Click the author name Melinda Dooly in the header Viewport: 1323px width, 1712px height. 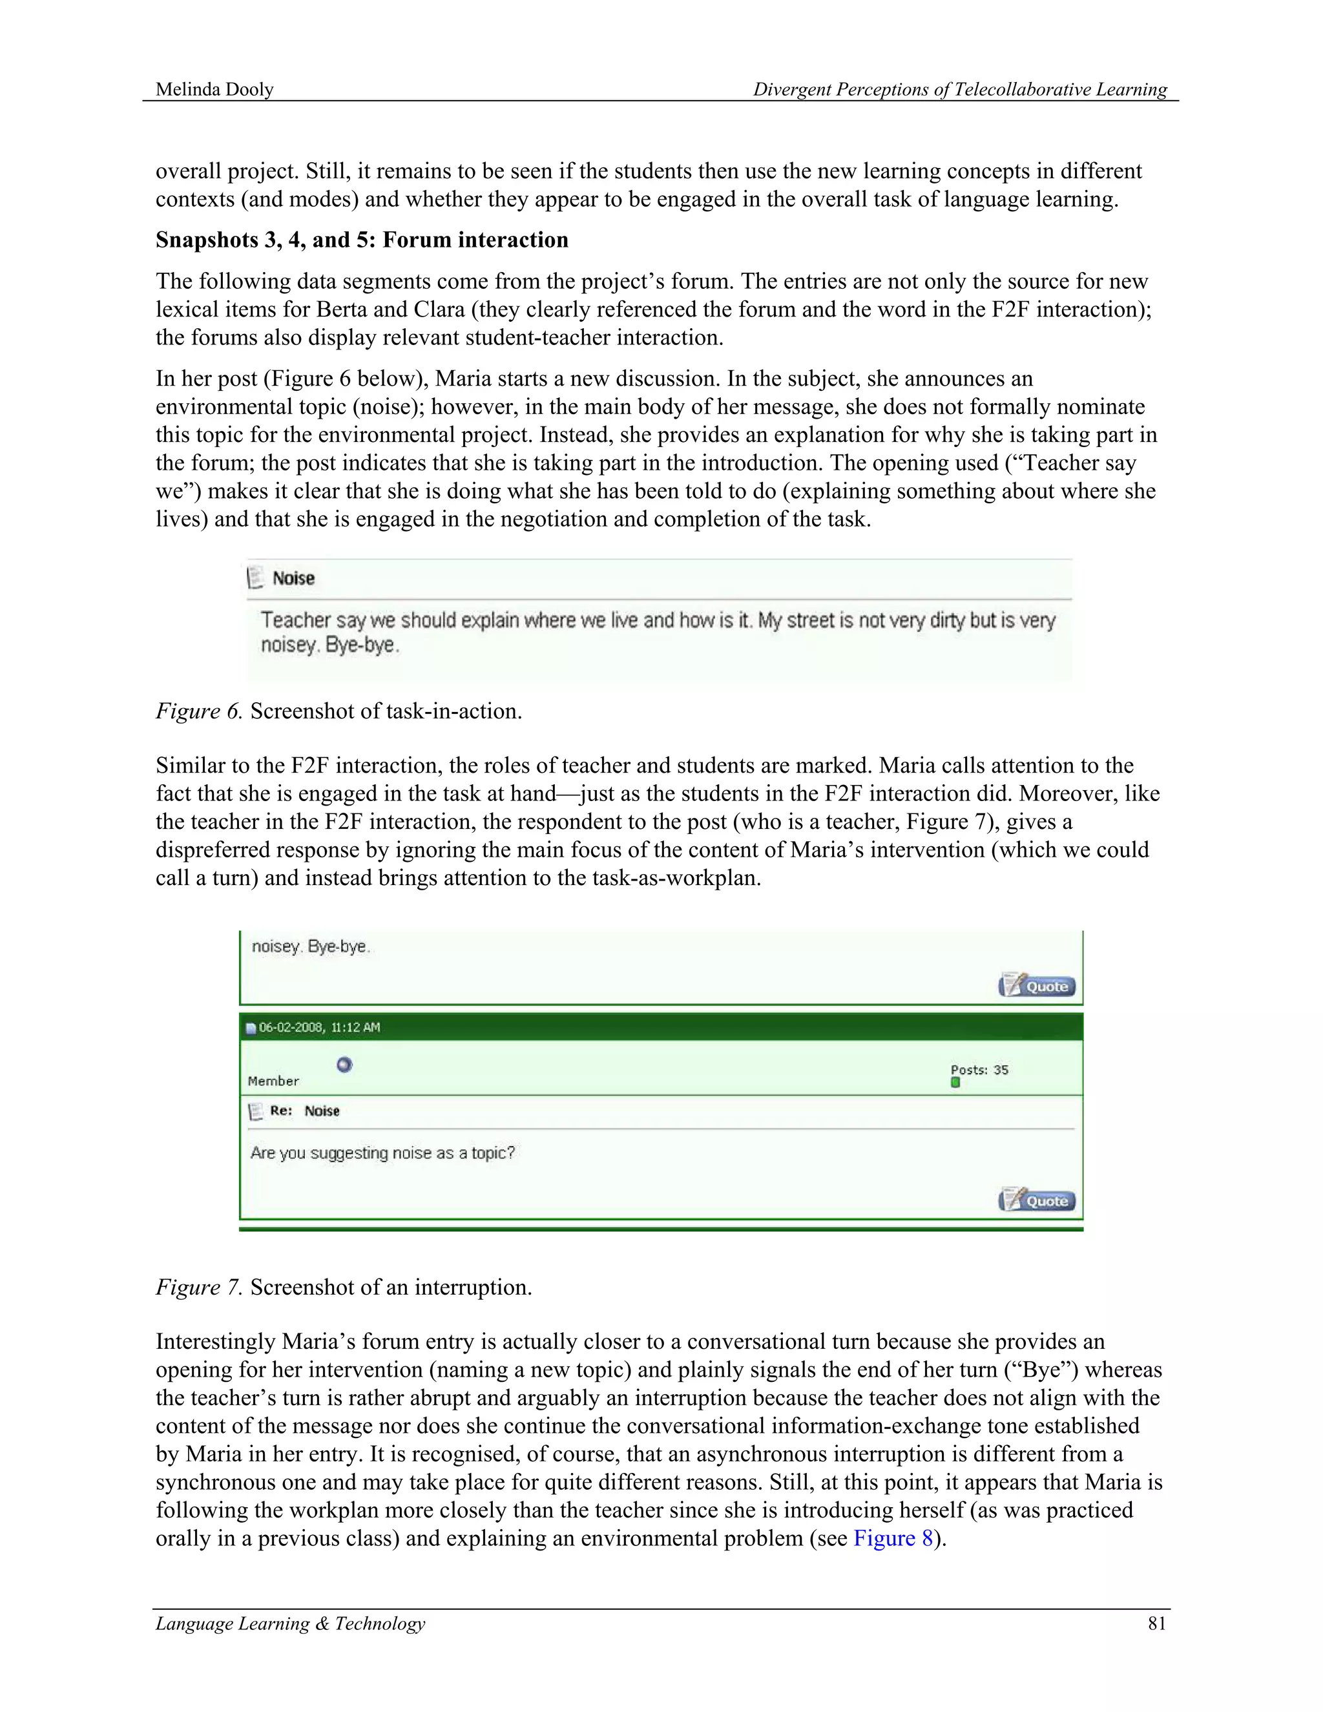point(214,89)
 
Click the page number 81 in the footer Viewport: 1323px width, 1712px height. point(1157,1623)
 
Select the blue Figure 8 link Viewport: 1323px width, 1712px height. point(893,1538)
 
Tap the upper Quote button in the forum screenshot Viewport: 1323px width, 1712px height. point(1037,985)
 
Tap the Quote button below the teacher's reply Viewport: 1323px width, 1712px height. point(1037,1200)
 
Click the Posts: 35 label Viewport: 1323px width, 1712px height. point(979,1069)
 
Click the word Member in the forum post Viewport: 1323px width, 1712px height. point(273,1081)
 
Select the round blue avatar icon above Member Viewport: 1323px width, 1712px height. point(344,1065)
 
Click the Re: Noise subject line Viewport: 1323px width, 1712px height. point(304,1111)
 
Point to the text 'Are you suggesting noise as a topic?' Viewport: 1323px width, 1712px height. point(382,1153)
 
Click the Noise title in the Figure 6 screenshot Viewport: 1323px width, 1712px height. point(293,578)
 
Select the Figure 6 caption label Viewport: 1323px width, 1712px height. point(199,711)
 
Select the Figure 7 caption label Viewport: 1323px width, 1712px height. point(199,1287)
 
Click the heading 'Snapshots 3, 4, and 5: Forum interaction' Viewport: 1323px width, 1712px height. point(361,240)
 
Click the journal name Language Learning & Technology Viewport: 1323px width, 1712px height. point(290,1623)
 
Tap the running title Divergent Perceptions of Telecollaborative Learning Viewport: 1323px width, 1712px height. point(959,89)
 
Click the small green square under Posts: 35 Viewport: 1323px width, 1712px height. point(955,1083)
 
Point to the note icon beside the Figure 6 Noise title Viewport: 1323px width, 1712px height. point(255,578)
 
